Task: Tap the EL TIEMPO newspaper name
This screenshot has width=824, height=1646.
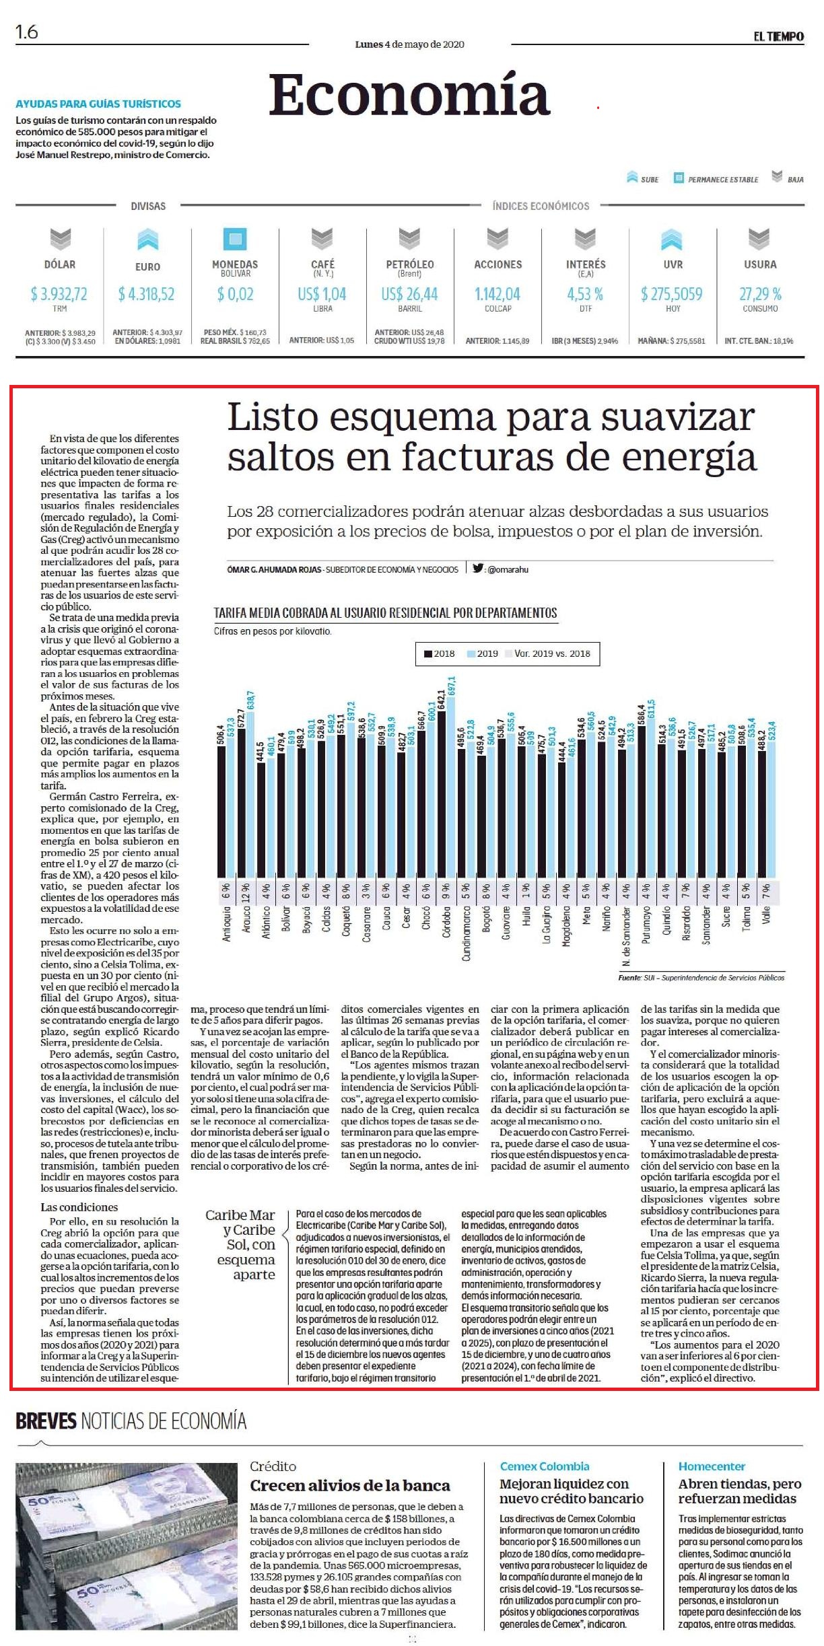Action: click(x=778, y=36)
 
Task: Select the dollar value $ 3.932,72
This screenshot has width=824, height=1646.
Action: click(x=59, y=294)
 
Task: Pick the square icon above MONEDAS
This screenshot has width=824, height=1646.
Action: click(x=235, y=239)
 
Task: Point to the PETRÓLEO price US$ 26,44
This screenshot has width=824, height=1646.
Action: click(x=409, y=294)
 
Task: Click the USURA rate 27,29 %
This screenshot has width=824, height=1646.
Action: click(x=760, y=294)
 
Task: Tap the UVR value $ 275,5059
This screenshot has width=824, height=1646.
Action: click(x=672, y=294)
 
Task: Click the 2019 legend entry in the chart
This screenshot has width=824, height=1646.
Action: click(x=483, y=653)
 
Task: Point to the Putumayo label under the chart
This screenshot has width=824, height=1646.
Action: click(x=646, y=925)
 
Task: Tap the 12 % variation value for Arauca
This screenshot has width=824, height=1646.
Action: click(x=246, y=892)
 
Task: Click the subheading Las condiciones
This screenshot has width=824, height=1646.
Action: click(x=79, y=1207)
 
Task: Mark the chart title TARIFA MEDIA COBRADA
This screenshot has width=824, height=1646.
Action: click(x=385, y=613)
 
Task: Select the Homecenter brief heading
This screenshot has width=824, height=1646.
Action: click(x=712, y=1466)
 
